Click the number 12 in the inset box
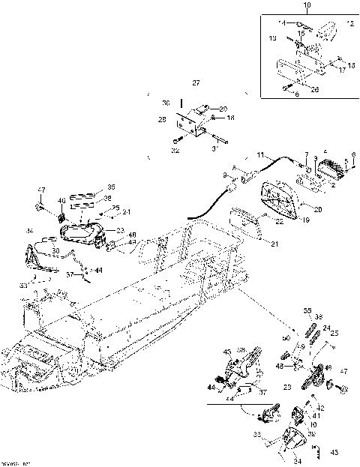tap(347, 24)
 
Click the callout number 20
tap(318, 210)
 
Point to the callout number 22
tap(278, 222)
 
